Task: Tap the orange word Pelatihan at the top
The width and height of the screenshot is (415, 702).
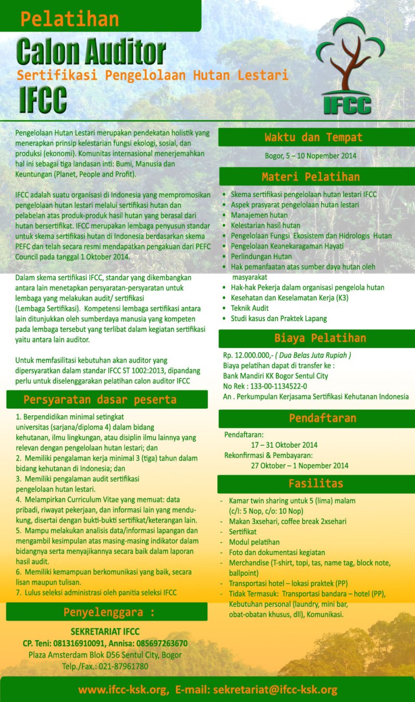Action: click(x=70, y=19)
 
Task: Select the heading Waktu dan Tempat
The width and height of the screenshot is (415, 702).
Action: click(x=313, y=137)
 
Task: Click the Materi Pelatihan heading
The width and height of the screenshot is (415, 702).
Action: click(x=310, y=177)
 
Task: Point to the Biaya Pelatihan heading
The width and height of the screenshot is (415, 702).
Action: click(x=320, y=338)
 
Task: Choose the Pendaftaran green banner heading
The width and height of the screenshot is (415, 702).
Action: click(x=322, y=418)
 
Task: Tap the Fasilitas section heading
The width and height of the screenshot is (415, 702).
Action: click(x=316, y=484)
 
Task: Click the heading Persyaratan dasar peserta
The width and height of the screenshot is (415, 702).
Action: click(x=100, y=400)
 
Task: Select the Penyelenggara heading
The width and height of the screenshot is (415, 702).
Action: click(x=109, y=612)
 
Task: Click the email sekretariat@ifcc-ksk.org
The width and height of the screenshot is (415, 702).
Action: click(x=275, y=690)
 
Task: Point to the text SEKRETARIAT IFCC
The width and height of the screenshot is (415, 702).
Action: click(x=105, y=632)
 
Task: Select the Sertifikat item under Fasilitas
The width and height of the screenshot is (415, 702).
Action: click(x=243, y=532)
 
